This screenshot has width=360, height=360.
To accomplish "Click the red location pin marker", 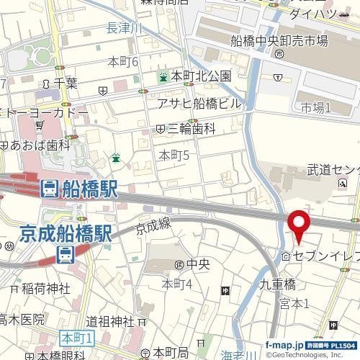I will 299,226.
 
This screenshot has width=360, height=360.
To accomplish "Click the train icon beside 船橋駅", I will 49,189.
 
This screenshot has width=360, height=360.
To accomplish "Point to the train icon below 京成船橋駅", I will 66,253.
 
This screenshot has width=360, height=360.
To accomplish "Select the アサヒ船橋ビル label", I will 199,103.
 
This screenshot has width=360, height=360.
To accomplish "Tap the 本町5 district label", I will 174,155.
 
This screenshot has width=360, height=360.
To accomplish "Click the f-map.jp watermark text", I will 283,343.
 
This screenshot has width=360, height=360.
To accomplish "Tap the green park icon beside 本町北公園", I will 164,76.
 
